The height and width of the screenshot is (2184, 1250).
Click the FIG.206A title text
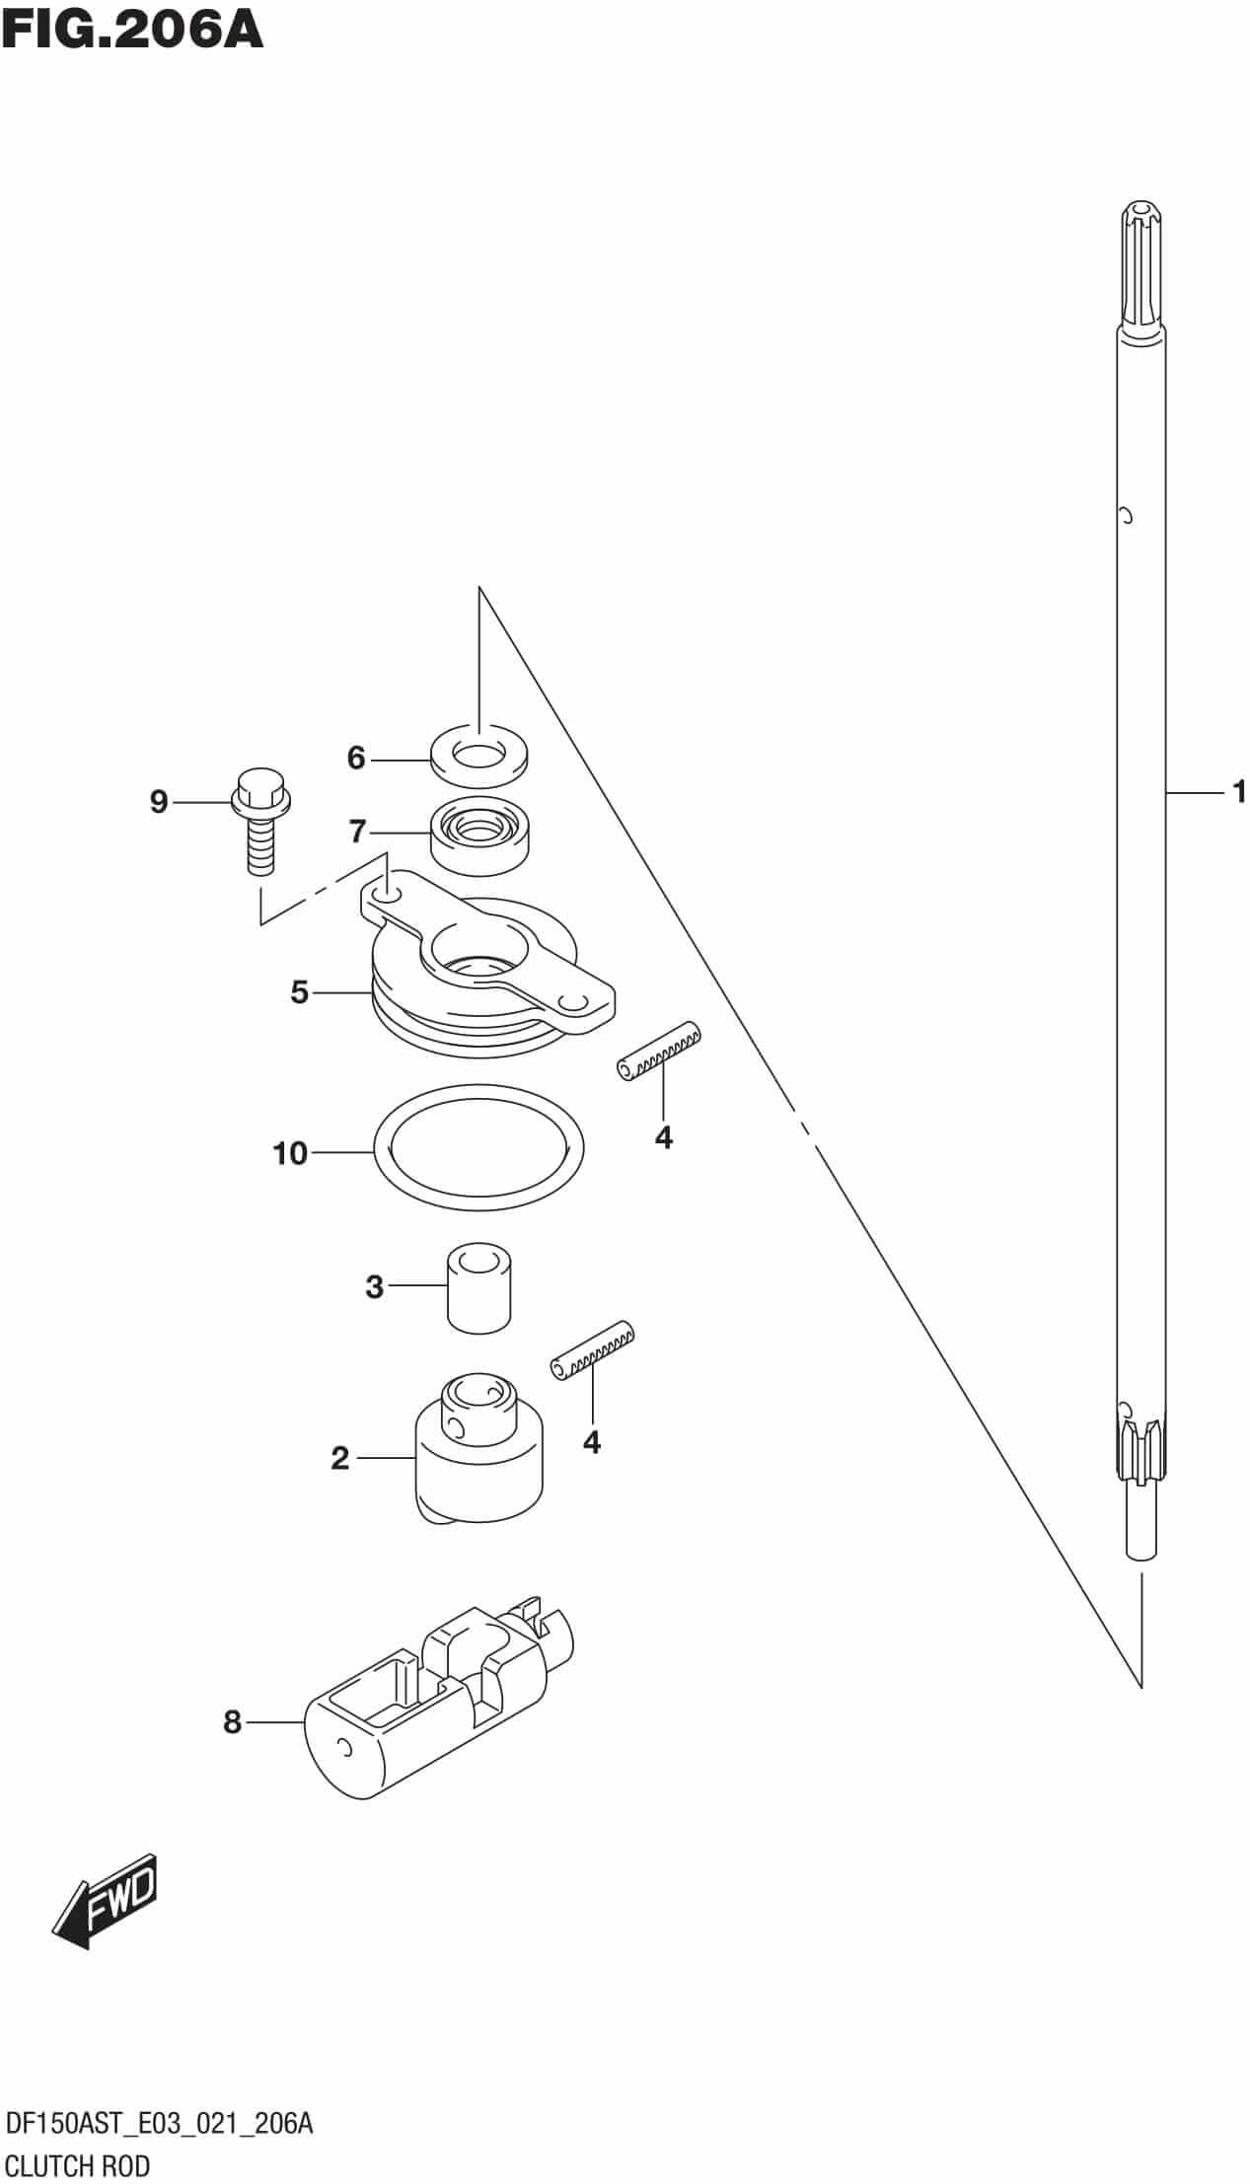click(x=132, y=30)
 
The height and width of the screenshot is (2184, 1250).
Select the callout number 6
click(x=356, y=758)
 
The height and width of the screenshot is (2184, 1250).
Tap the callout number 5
click(x=300, y=991)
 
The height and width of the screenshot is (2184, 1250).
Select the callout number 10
click(x=290, y=1152)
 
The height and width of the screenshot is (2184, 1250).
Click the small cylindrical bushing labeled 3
click(x=478, y=1288)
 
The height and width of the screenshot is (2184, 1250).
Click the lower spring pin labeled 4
click(x=592, y=1349)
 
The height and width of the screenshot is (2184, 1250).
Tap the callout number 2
click(x=340, y=1458)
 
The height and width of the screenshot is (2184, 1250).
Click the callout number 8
click(x=232, y=1721)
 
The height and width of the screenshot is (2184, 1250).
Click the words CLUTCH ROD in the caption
click(x=78, y=2165)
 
